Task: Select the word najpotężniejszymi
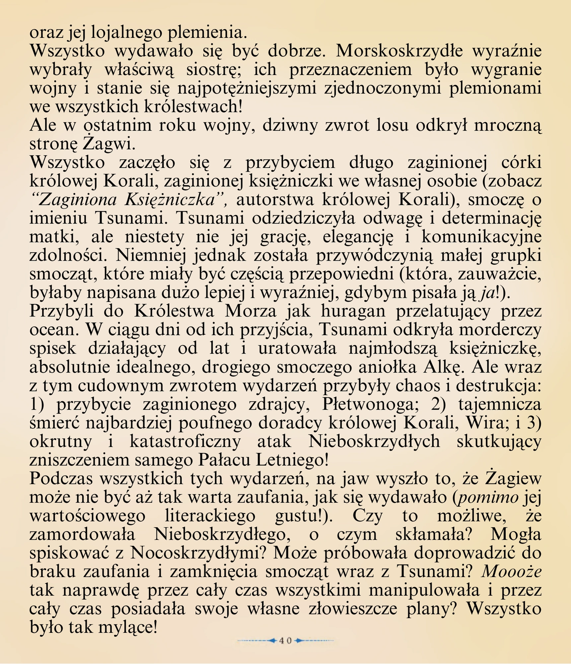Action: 248,88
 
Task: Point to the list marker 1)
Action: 37,404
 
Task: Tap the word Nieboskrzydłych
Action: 374,442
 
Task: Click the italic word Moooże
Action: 511,572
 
